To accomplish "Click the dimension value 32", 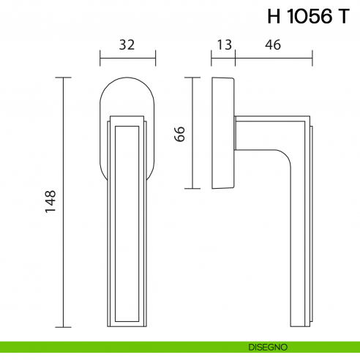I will [127, 45].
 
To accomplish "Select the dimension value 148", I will [50, 202].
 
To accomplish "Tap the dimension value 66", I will [181, 132].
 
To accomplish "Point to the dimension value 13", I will [224, 45].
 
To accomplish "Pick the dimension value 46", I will [273, 45].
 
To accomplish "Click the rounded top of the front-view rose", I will [127, 82].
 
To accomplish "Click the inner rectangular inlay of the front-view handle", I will [127, 220].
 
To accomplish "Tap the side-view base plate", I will [223, 132].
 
